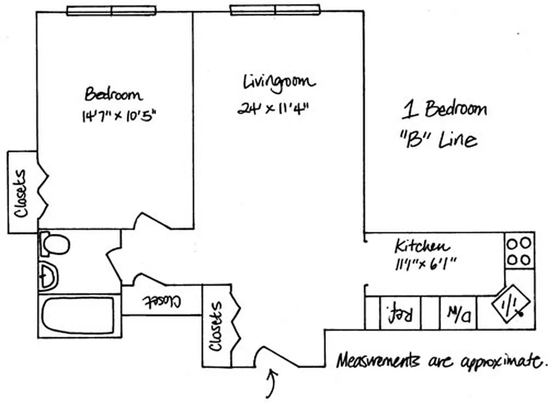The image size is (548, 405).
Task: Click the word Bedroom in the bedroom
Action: point(114,95)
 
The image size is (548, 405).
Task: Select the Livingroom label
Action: point(279,82)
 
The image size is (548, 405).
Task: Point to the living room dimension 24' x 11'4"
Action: point(273,108)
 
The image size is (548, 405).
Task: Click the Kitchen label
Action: point(422,247)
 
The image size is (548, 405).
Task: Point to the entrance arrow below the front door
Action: point(272,383)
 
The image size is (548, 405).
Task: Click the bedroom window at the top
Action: point(112,11)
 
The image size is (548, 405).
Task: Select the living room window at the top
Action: point(275,10)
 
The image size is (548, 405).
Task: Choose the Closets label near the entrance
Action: point(216,327)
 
